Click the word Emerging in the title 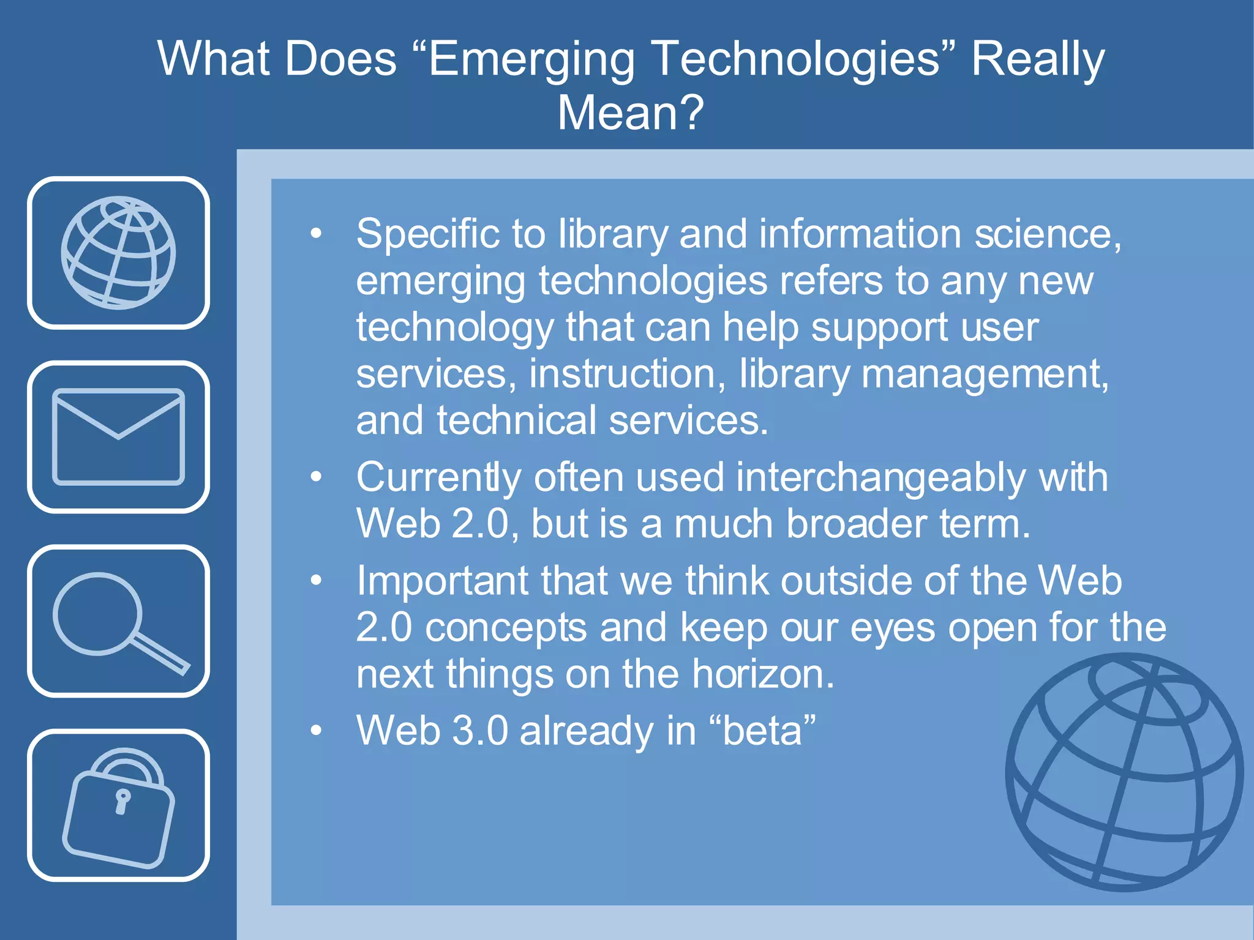tap(531, 60)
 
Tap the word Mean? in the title tap(631, 113)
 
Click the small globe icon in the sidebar tap(118, 252)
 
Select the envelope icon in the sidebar tap(118, 436)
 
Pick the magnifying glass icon tap(118, 621)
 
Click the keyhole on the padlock tap(122, 801)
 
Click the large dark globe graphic tap(1124, 772)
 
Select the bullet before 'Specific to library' tap(316, 233)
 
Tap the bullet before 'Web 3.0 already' tap(316, 730)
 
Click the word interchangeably tap(881, 477)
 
